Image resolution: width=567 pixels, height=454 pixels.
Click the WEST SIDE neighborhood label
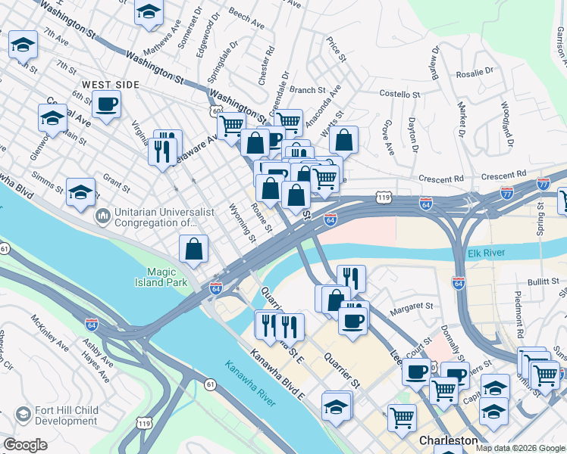[x=111, y=85]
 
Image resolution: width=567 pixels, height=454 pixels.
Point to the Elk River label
[x=485, y=253]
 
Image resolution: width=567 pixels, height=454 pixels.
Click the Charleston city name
[x=448, y=440]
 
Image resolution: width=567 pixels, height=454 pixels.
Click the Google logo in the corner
[x=25, y=445]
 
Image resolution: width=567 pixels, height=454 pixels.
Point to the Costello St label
[x=399, y=95]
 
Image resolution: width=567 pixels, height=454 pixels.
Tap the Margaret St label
[x=410, y=307]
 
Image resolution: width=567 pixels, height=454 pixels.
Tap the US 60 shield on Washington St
[x=217, y=111]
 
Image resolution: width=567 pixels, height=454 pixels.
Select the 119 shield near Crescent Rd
[x=383, y=197]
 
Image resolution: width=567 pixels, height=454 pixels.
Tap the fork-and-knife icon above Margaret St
[x=352, y=277]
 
